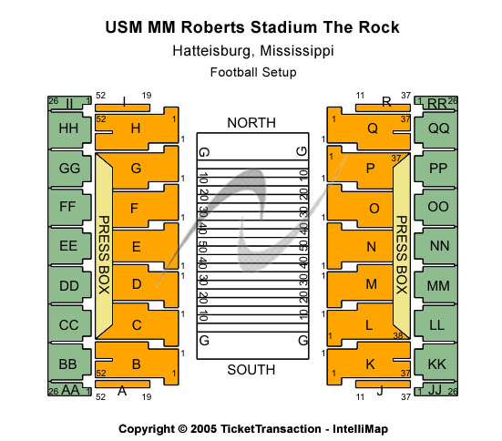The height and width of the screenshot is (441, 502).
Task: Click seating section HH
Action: tap(69, 128)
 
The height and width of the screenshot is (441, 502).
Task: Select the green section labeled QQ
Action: tap(437, 128)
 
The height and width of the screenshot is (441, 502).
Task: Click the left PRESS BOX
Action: tap(104, 246)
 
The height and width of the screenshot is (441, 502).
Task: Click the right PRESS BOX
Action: tap(402, 246)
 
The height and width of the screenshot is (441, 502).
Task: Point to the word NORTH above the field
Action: tap(251, 123)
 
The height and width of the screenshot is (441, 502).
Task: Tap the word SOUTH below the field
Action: tap(251, 370)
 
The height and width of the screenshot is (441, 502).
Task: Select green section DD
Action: tap(69, 286)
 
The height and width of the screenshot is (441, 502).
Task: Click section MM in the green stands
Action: tap(437, 286)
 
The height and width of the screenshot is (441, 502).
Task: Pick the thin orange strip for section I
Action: tap(123, 108)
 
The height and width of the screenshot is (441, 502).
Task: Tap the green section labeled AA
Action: tap(69, 390)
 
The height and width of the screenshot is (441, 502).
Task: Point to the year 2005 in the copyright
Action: tap(203, 429)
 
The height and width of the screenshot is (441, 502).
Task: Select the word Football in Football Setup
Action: tap(234, 72)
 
